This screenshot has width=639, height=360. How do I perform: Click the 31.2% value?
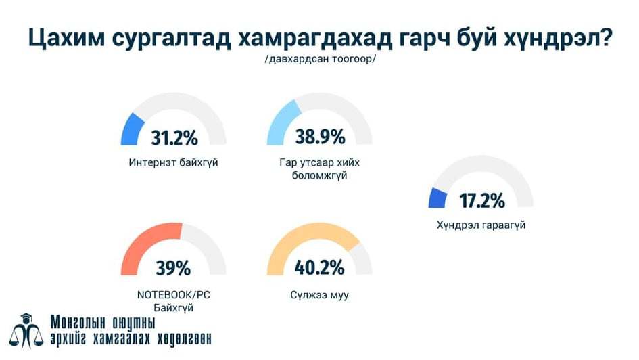pos(174,139)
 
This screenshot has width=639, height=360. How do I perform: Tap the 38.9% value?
pos(320,137)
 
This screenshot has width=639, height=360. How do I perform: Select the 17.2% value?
pos(481,201)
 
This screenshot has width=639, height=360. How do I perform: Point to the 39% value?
pos(173,268)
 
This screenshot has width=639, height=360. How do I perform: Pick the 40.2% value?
pos(320,267)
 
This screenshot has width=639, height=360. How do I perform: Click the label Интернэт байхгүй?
pos(174,163)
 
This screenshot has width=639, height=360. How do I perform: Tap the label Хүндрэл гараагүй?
pos(481,225)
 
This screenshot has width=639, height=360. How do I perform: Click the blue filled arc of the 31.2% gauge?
pos(131,129)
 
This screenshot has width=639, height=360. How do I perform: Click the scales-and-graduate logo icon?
pos(26,332)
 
